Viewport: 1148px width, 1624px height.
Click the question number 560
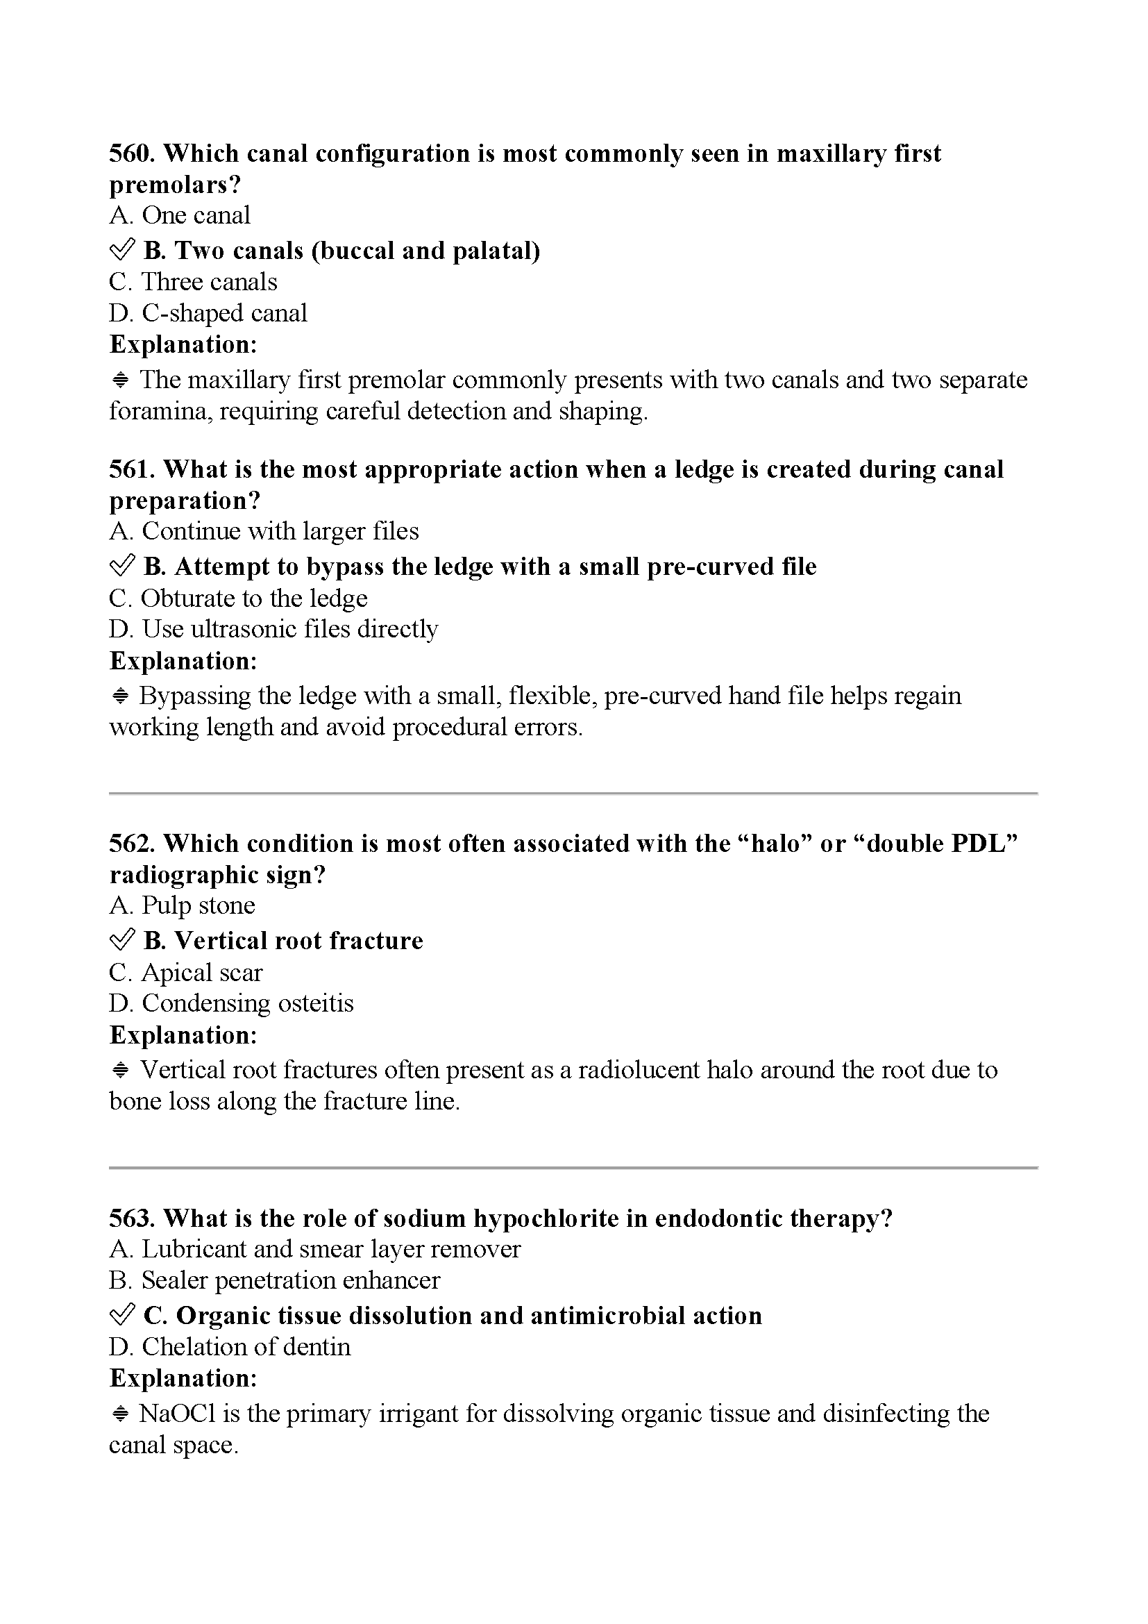pyautogui.click(x=132, y=153)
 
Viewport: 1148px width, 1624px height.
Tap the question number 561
pyautogui.click(x=132, y=469)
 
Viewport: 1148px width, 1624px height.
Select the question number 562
pyautogui.click(x=132, y=844)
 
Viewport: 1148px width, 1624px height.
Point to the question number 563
pyautogui.click(x=132, y=1219)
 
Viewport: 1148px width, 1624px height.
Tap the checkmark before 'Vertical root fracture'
pyautogui.click(x=121, y=940)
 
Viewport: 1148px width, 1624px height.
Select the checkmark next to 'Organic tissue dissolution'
pyautogui.click(x=121, y=1315)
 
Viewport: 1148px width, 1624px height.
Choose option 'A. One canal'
pyautogui.click(x=180, y=215)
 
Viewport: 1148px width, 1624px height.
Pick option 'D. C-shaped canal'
pyautogui.click(x=208, y=312)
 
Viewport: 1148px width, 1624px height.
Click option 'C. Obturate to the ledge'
pyautogui.click(x=237, y=598)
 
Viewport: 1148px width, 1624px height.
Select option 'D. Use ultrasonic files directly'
pyautogui.click(x=273, y=629)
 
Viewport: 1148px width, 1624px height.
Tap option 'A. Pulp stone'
pyautogui.click(x=182, y=905)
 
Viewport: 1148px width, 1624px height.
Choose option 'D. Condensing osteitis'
pyautogui.click(x=230, y=1003)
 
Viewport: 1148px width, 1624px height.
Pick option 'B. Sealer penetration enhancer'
pyautogui.click(x=274, y=1280)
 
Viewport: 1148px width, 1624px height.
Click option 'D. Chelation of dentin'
pyautogui.click(x=229, y=1347)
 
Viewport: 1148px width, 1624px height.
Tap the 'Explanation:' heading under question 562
pyautogui.click(x=183, y=1035)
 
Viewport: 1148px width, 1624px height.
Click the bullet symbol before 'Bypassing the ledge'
pyautogui.click(x=120, y=696)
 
